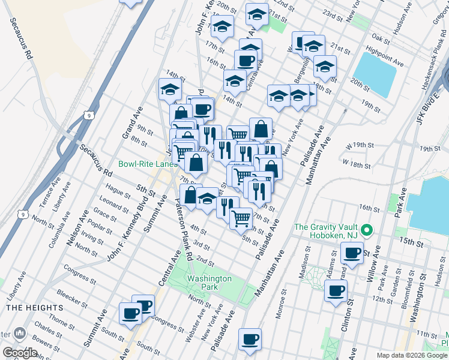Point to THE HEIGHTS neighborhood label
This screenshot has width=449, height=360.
point(23,307)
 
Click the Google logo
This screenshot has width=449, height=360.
point(20,353)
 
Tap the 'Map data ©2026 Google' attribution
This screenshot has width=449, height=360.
point(412,355)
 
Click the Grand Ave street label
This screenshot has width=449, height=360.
point(131,124)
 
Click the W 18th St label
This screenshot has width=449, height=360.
point(357,163)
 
